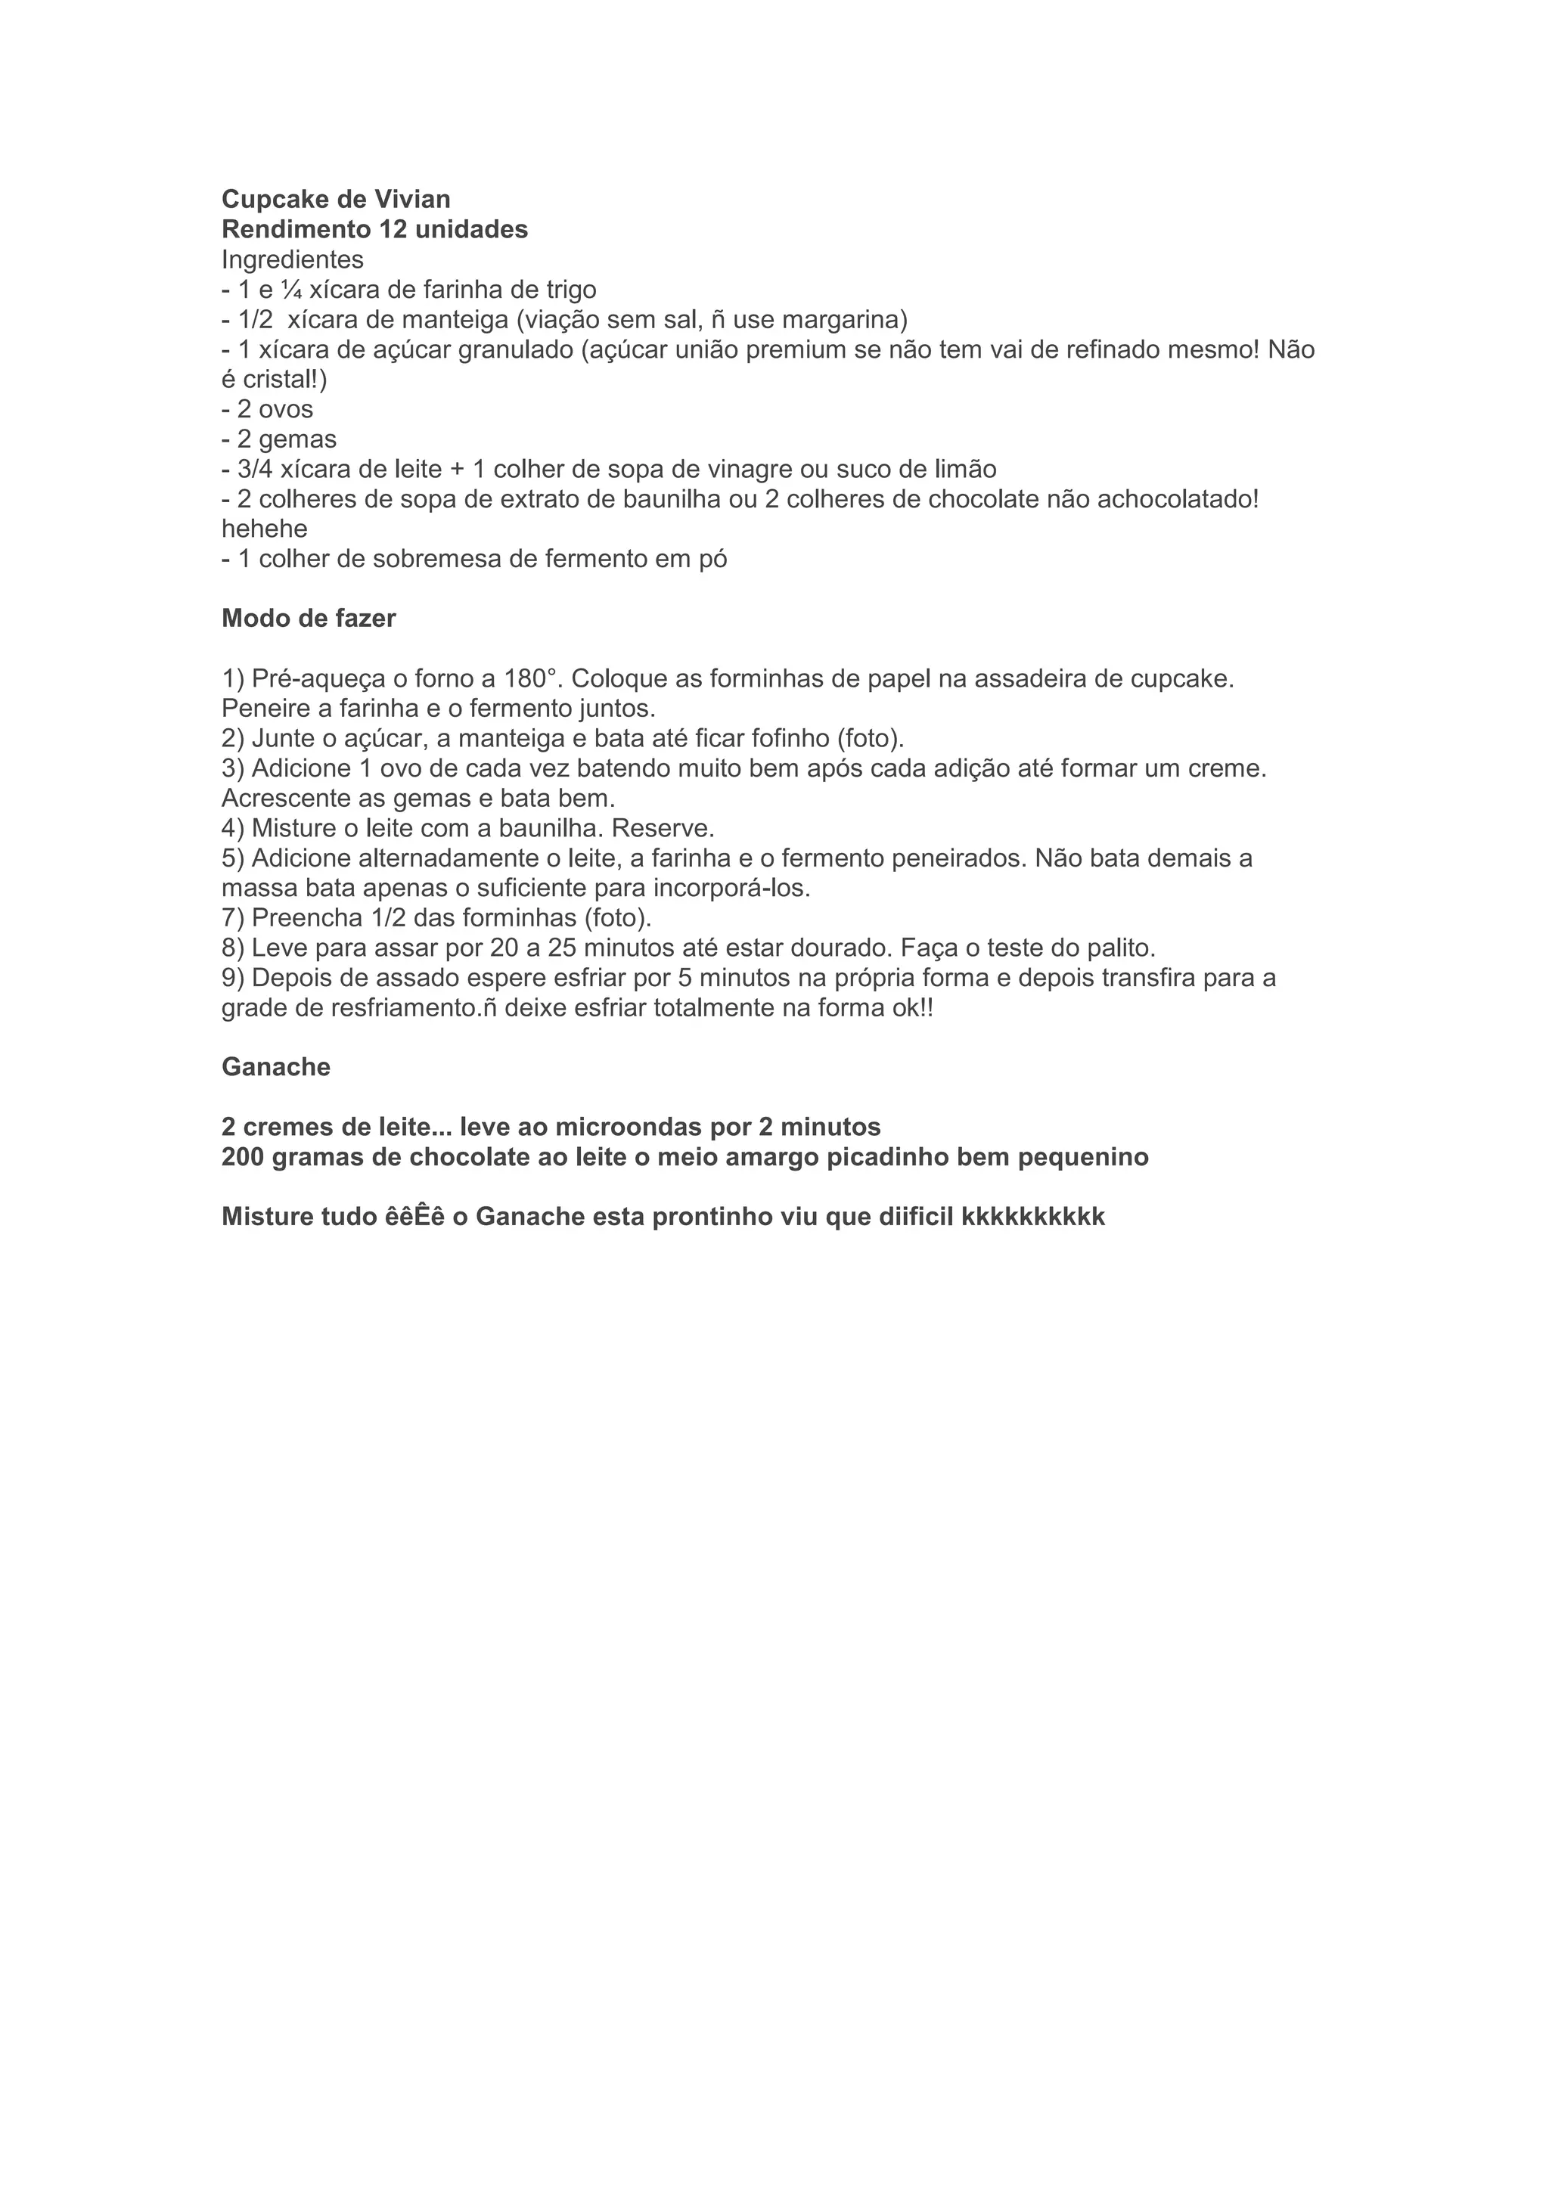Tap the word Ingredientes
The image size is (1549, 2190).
point(293,259)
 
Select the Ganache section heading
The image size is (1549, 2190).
point(275,1067)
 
